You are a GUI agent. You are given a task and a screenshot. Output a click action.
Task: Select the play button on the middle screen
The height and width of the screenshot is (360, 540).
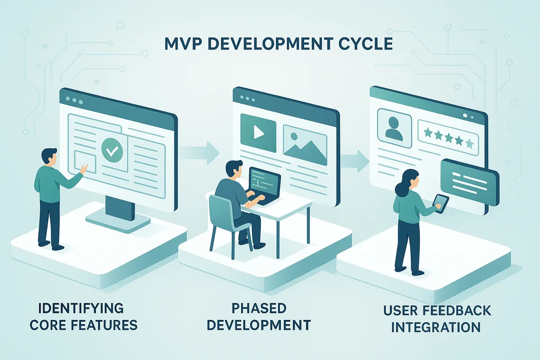click(258, 132)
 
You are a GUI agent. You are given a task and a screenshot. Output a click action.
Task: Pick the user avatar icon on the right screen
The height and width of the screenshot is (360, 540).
click(395, 127)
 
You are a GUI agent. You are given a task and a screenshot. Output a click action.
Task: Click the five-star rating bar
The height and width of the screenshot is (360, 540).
click(447, 132)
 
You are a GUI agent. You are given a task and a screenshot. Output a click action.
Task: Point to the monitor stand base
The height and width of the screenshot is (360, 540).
click(118, 220)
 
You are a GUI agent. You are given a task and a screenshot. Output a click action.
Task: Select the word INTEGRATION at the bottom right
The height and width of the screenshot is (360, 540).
click(435, 327)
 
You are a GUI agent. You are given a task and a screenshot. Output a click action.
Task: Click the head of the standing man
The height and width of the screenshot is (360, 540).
click(48, 157)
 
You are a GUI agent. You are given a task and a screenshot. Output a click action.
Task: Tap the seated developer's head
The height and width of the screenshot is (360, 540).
click(234, 170)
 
